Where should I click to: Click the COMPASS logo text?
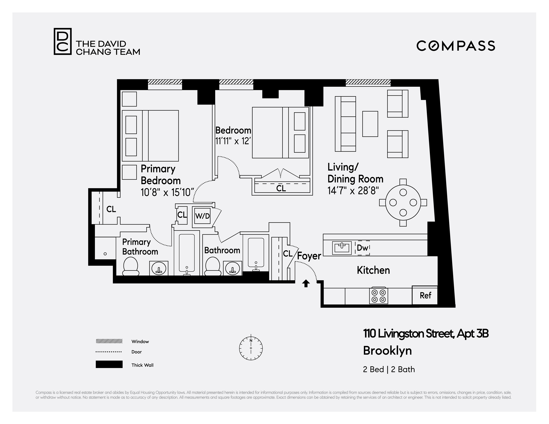coord(455,46)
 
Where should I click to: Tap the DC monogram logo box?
coord(63,41)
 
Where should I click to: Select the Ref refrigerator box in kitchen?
coord(425,295)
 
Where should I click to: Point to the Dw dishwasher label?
coord(362,248)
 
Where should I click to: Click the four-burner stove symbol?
coord(379,296)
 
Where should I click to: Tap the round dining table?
coord(403,203)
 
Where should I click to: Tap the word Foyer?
coord(309,256)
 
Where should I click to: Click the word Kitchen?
coord(373,270)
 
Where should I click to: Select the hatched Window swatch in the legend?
coord(109,341)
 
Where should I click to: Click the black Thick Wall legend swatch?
coord(109,364)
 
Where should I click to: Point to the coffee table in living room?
coord(370,124)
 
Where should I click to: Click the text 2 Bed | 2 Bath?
coord(389,369)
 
